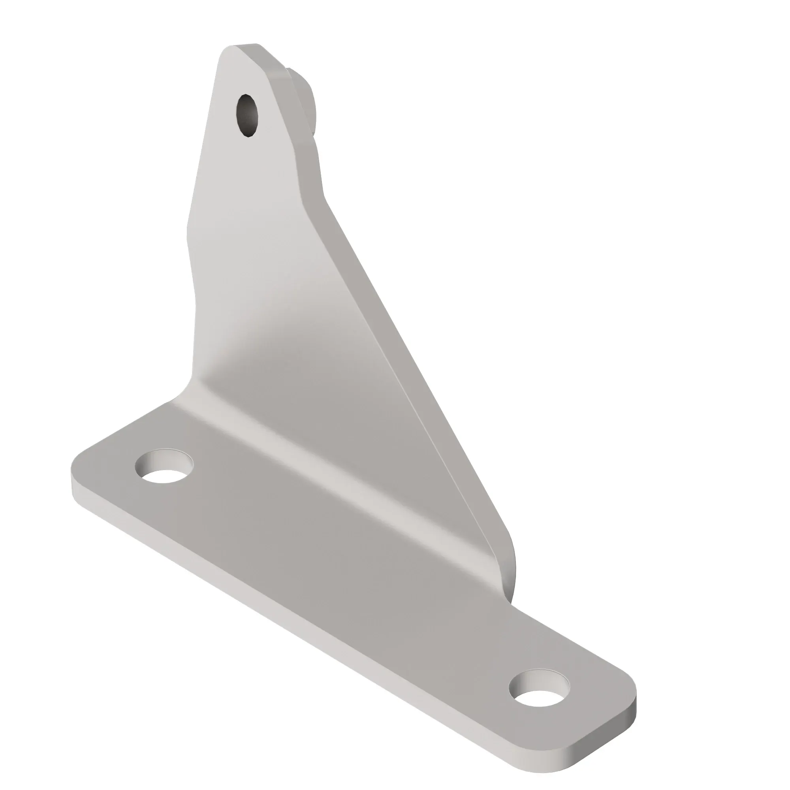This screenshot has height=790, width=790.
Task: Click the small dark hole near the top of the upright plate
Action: pyautogui.click(x=247, y=116)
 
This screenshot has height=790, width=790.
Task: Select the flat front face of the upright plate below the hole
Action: pyautogui.click(x=254, y=245)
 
